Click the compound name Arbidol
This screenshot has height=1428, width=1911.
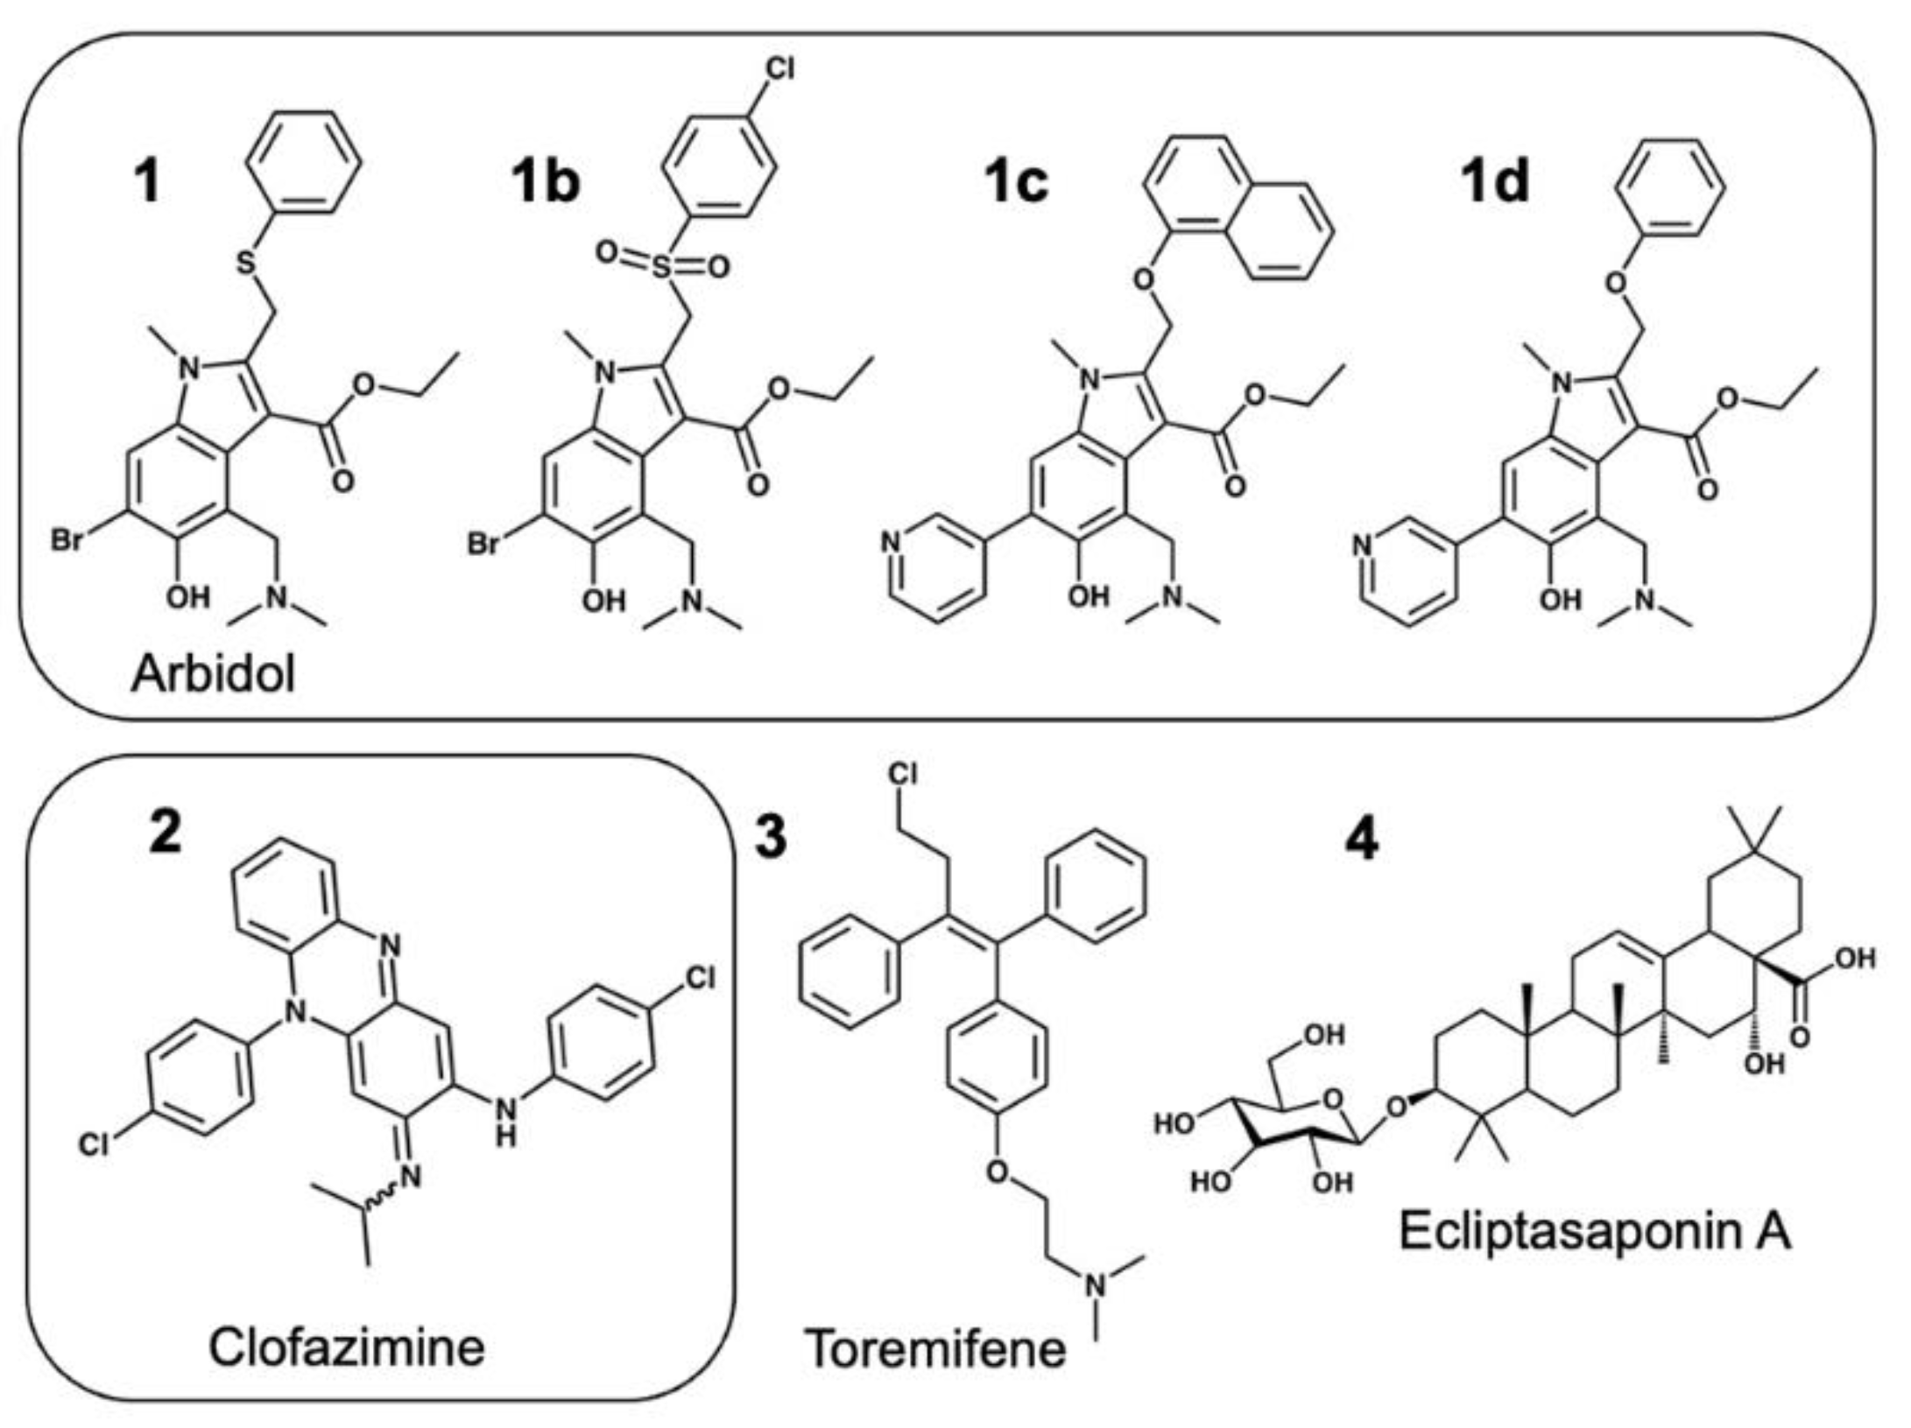point(213,675)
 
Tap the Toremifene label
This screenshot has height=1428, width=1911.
point(935,1347)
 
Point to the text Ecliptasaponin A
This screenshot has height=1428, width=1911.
point(1595,1231)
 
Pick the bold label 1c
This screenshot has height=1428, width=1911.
point(1015,183)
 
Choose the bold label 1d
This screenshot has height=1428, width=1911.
point(1494,183)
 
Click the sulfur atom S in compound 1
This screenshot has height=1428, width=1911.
point(248,262)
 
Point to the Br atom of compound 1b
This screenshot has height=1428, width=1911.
point(483,544)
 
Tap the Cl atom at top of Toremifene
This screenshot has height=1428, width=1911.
point(904,774)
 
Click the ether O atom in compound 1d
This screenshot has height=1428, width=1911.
point(1617,284)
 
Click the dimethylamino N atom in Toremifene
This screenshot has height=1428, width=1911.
point(1096,1285)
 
